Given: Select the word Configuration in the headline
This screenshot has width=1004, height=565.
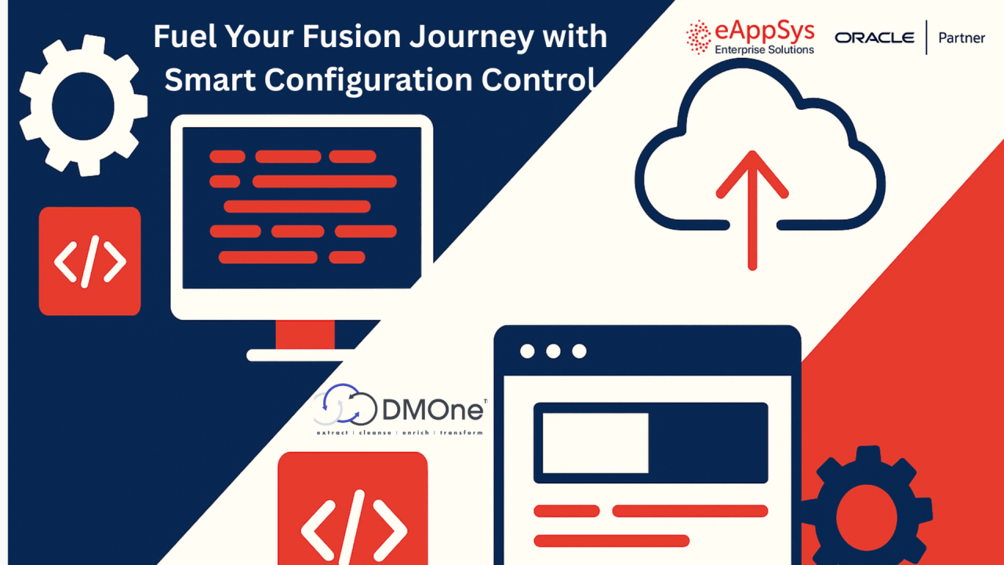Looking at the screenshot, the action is pos(369,81).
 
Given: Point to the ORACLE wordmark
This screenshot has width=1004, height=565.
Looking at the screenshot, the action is pos(875,38).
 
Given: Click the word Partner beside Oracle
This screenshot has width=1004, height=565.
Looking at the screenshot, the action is pos(962,38).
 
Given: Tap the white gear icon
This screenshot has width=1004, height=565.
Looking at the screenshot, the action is pos(83,106).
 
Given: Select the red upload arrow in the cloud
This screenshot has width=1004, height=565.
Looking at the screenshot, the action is pos(752,210).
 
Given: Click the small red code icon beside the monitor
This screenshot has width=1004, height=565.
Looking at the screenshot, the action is pos(89,261).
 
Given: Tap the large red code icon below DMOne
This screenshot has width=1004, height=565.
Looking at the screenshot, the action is pos(353,508).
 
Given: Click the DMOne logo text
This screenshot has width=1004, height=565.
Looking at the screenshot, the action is pos(434,409).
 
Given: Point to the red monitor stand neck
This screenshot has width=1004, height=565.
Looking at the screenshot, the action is pos(305,334).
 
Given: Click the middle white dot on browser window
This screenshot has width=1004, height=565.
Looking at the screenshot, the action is pos(553,351).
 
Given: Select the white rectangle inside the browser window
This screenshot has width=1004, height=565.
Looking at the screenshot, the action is pos(595,443).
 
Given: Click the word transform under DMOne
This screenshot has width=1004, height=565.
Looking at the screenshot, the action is pos(461,432).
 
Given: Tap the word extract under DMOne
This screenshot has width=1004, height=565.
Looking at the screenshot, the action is pos(333,432).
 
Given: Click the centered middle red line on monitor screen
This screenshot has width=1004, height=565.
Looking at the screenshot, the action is pos(297,206).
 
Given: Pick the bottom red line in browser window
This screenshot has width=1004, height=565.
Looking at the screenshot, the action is pos(611,541).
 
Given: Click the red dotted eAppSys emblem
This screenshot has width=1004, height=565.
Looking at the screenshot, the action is pos(698,37).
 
